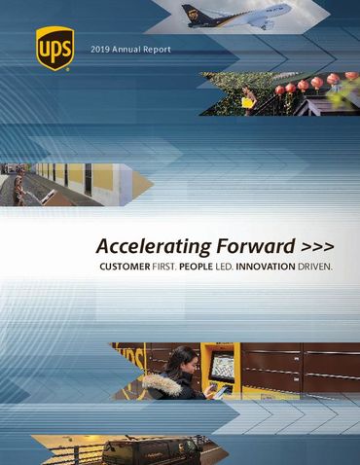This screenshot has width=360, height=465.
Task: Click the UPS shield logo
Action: pos(54,49)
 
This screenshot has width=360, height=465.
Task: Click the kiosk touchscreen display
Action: pos(225,368)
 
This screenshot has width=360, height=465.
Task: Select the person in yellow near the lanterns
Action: pos(249,97)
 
